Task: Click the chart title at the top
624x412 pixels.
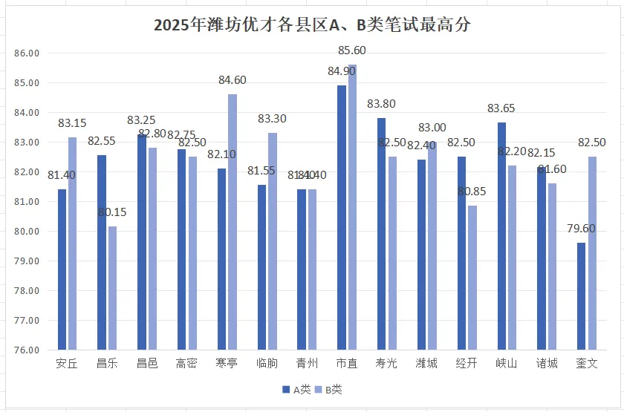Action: coord(312,24)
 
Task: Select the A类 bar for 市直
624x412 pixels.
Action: coord(341,218)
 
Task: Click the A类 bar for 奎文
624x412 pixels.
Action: coord(580,296)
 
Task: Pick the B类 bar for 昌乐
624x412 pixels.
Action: coord(112,288)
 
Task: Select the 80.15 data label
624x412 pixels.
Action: coord(112,212)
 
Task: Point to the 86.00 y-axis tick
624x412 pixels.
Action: coord(26,53)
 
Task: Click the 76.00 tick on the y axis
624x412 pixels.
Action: coord(26,350)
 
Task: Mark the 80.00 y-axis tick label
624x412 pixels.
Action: coord(26,232)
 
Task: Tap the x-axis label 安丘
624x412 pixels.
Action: coord(67,364)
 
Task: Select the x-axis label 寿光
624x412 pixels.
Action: coord(386,364)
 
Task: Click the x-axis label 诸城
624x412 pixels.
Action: coord(546,364)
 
